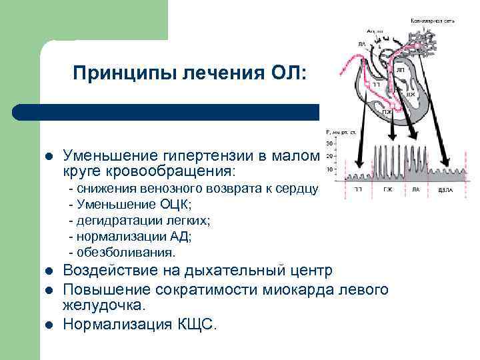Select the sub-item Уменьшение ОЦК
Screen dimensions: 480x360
(x=130, y=204)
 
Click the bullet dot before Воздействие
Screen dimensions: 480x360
(x=47, y=271)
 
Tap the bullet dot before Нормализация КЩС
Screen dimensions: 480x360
(x=47, y=325)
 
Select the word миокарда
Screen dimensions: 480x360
(x=298, y=289)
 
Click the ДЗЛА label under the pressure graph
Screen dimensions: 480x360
(x=446, y=189)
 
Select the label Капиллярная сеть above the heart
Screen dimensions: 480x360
(x=433, y=21)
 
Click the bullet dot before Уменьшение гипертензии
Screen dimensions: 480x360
(x=47, y=156)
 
